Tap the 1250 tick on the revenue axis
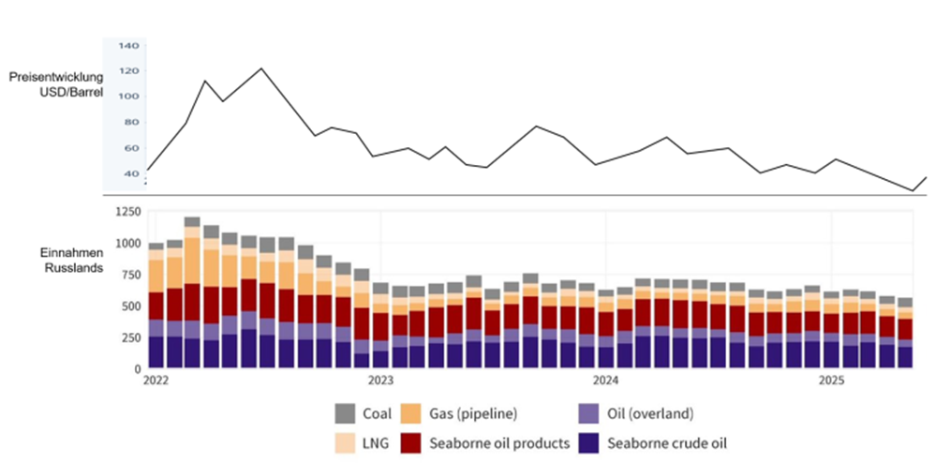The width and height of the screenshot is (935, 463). pyautogui.click(x=124, y=212)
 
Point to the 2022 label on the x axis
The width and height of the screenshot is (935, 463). pyautogui.click(x=156, y=381)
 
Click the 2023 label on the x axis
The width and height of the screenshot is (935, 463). pyautogui.click(x=380, y=381)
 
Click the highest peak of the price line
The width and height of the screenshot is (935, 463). pyautogui.click(x=261, y=68)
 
